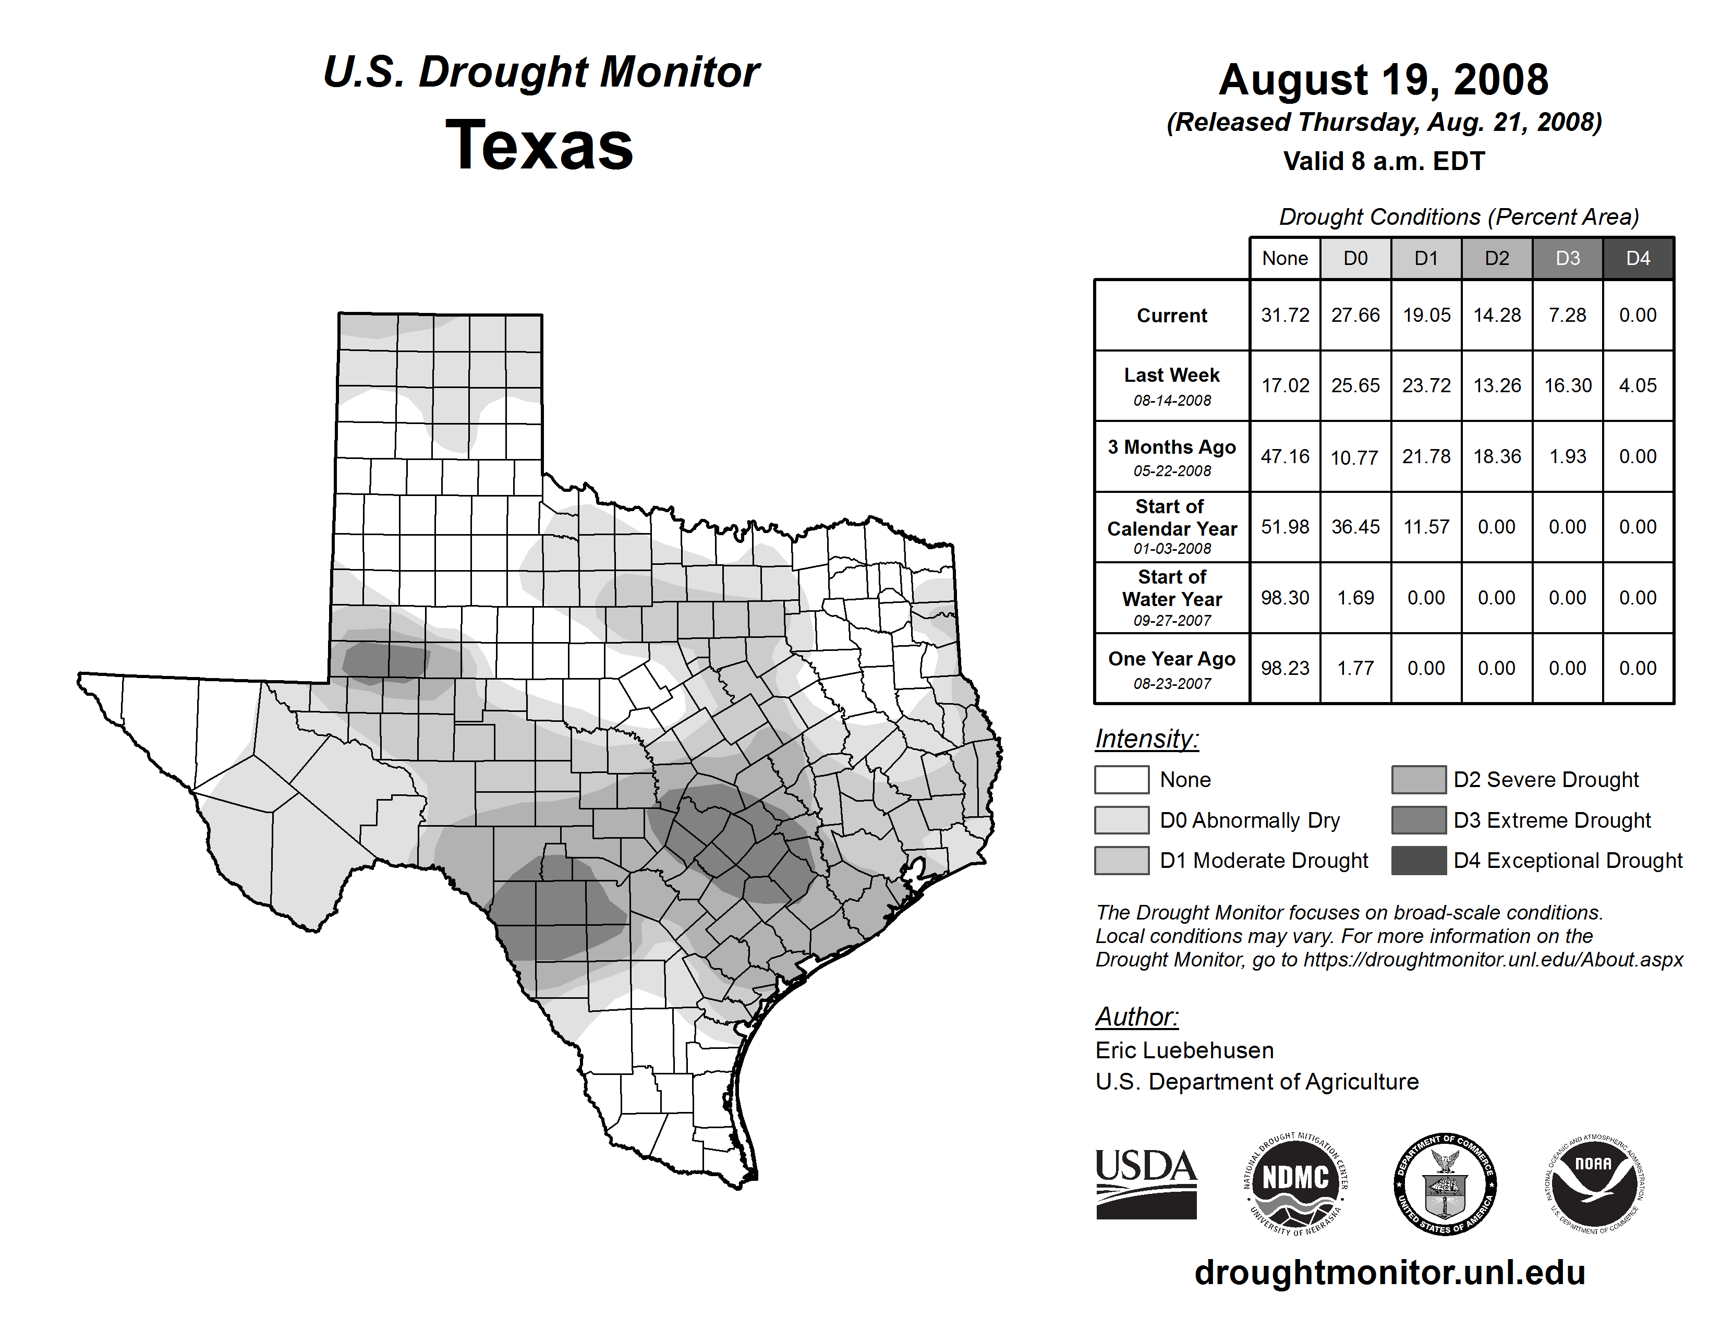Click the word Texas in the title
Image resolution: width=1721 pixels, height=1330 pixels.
[539, 145]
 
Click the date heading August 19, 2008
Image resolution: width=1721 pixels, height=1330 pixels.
[1383, 80]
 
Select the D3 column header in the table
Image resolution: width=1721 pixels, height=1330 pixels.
[1567, 258]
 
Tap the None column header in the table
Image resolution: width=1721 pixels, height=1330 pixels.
[1284, 258]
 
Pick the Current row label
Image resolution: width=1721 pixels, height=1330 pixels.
[1172, 315]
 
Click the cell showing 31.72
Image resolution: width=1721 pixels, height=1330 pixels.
[1284, 315]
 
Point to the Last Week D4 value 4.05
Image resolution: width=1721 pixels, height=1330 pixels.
[1638, 385]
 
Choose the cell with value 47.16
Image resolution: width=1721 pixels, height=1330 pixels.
[1284, 456]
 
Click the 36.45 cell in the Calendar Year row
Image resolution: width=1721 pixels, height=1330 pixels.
[1355, 526]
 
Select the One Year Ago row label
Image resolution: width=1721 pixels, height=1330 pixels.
[1172, 668]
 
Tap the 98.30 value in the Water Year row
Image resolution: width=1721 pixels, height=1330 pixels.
[1284, 597]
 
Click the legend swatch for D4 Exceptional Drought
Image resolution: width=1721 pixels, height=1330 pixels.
[1419, 861]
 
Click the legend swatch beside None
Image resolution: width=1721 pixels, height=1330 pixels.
[1121, 779]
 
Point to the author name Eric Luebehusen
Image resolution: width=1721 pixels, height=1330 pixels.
[1184, 1050]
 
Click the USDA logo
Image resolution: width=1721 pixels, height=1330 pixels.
[1146, 1183]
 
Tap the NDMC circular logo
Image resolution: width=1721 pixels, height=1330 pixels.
[1295, 1183]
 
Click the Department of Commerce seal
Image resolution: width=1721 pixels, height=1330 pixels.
[1445, 1183]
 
